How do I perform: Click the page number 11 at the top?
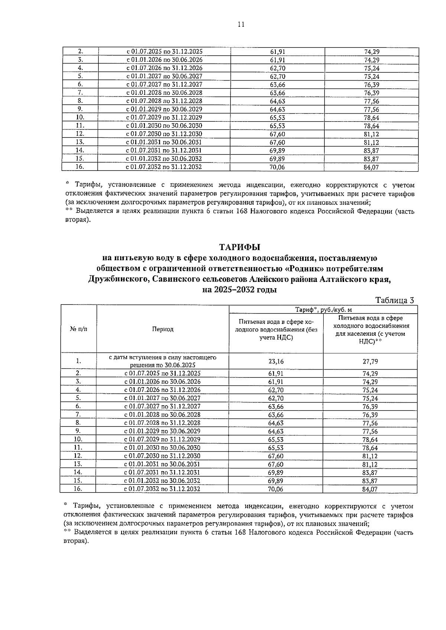click(240, 25)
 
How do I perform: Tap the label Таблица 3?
click(394, 300)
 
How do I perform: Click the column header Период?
click(162, 329)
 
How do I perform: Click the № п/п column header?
click(78, 329)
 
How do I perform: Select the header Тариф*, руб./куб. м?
click(323, 309)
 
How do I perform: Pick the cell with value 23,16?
click(276, 361)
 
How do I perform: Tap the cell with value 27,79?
click(370, 361)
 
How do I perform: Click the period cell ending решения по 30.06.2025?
click(162, 365)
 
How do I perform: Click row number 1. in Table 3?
click(78, 361)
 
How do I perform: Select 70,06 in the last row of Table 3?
click(276, 489)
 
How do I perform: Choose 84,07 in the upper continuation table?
click(371, 168)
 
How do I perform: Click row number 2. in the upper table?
click(80, 52)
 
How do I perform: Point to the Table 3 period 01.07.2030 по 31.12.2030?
click(162, 456)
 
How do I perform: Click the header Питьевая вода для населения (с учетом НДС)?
click(370, 329)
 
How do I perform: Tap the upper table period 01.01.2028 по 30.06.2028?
click(164, 93)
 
